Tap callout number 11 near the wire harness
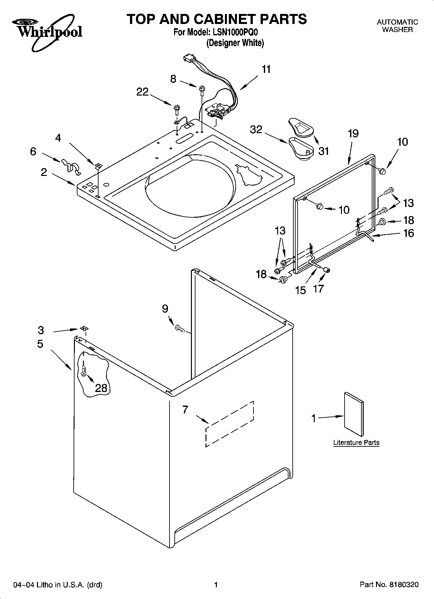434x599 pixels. coord(266,69)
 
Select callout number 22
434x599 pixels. coord(142,92)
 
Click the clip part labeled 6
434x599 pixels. coord(71,165)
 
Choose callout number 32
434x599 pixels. coord(256,130)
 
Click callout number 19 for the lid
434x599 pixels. coord(353,133)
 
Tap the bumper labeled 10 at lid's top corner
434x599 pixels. coord(383,171)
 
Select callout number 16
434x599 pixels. coord(409,233)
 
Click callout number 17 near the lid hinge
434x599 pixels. coord(319,288)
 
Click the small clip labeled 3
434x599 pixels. coord(84,328)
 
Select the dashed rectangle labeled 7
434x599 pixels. coord(229,424)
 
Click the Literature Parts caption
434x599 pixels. coord(356,443)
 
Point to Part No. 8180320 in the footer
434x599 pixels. coord(389,585)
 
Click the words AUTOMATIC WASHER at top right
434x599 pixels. coord(397,26)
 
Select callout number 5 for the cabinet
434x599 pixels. coord(40,344)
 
